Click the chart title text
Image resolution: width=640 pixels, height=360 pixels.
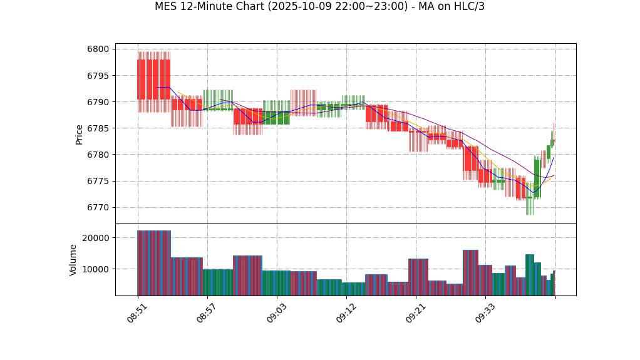(319, 7)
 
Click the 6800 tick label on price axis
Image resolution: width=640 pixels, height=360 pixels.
(98, 49)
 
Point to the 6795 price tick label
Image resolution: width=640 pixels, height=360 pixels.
(98, 76)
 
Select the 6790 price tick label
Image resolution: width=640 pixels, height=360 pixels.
(98, 102)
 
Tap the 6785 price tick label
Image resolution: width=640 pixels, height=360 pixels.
(98, 128)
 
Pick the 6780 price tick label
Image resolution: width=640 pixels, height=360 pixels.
(98, 155)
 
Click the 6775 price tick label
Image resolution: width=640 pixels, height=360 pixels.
(98, 181)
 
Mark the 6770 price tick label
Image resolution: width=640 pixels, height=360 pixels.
(98, 207)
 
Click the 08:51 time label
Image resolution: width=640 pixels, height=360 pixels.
(137, 313)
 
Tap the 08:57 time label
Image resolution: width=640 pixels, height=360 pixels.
(207, 313)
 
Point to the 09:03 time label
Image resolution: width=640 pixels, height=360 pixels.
(276, 313)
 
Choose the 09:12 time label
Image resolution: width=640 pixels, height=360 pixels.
(346, 313)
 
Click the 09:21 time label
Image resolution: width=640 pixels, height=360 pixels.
(415, 313)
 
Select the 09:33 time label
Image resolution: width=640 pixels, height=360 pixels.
(485, 313)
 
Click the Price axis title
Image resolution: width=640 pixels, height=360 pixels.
(80, 134)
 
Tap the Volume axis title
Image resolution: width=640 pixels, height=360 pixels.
(74, 260)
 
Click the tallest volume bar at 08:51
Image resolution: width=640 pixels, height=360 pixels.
(153, 263)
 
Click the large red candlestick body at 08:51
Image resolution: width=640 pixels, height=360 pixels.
(153, 80)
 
